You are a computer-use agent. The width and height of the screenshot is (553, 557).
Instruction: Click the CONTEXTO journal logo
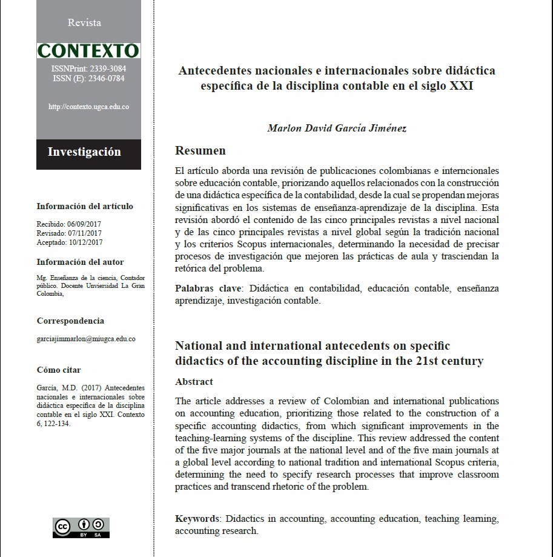pos(88,50)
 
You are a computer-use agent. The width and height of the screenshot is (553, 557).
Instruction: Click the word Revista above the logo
pos(84,23)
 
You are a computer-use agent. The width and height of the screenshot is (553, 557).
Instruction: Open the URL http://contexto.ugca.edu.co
pos(88,107)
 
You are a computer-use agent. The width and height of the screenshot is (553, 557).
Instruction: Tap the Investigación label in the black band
pos(84,152)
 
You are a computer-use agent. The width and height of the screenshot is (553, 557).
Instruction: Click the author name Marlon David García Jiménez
pos(336,128)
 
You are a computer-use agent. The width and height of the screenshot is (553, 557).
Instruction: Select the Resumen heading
pos(200,151)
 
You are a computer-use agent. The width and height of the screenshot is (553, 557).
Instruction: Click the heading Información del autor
pos(80,262)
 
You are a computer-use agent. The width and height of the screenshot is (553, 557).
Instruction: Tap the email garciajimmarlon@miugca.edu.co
pos(85,339)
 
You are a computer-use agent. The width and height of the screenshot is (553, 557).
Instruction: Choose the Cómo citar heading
pos(59,370)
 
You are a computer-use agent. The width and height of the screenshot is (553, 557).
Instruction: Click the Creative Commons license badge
pos(81,527)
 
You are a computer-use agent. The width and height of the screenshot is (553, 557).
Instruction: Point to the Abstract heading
pos(194,382)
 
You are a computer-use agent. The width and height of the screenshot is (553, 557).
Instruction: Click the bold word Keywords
pos(197,519)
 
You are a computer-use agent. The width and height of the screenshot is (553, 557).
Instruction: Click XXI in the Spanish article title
pos(461,86)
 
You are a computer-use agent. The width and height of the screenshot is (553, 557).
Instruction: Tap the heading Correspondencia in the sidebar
pos(70,321)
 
